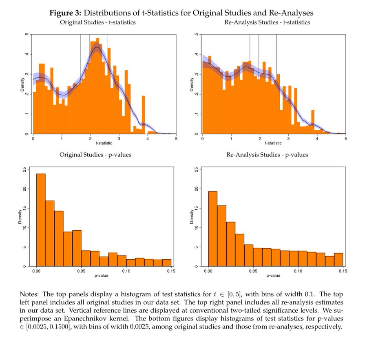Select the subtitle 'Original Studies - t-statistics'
click(x=98, y=22)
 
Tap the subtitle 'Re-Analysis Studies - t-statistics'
click(x=267, y=22)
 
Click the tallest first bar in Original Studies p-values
click(x=41, y=220)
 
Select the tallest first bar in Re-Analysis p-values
click(x=212, y=229)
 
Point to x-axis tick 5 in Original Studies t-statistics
click(x=176, y=139)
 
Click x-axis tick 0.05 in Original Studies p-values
click(x=81, y=271)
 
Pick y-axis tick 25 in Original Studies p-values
click(x=26, y=169)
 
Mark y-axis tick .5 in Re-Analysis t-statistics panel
click(x=196, y=36)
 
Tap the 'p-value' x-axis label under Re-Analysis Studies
click(x=273, y=276)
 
